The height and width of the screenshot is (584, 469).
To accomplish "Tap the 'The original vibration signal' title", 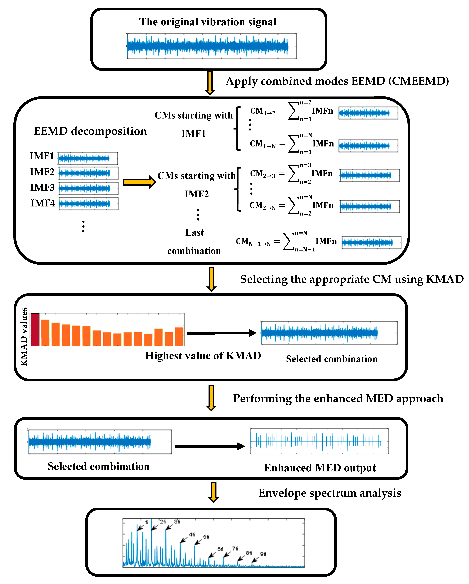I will [208, 22].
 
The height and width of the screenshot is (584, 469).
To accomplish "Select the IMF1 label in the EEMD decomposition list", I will [42, 156].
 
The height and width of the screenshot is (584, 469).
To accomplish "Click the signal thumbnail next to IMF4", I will [89, 204].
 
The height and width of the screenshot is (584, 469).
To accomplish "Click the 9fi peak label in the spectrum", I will [263, 554].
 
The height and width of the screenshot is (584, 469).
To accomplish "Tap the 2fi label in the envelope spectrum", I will [163, 522].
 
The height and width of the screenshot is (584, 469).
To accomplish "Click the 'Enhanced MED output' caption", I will [320, 468].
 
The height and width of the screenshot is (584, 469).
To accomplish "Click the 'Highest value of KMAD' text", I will [203, 356].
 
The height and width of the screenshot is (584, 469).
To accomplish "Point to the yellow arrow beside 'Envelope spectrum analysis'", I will [213, 492].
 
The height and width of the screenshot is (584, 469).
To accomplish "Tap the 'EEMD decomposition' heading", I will [90, 131].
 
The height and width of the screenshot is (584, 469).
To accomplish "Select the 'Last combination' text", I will [194, 242].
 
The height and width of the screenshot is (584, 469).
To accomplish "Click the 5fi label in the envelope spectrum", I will [206, 537].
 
